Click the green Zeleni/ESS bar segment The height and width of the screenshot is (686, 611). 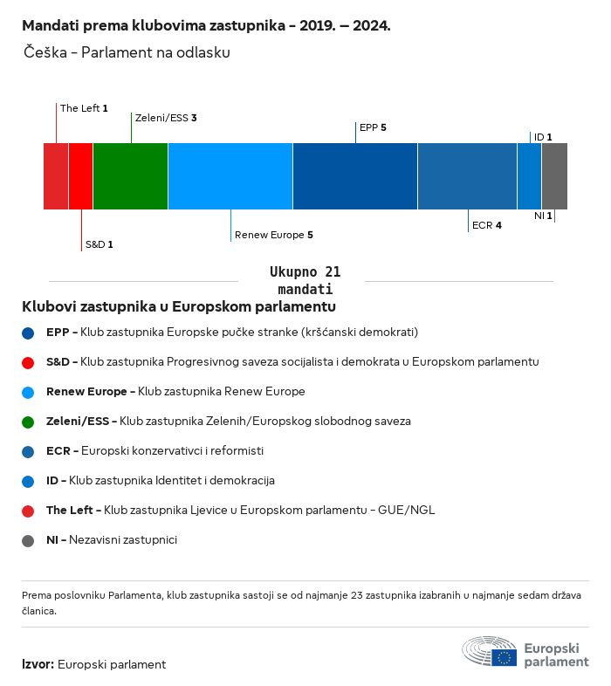coord(130,176)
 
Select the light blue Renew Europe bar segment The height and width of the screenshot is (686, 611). coord(230,176)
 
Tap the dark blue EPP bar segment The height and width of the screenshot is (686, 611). coord(354,176)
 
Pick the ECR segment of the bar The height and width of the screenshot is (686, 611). coord(467,176)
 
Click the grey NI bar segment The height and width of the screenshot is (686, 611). coord(554,176)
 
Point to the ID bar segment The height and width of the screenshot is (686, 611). coord(529,176)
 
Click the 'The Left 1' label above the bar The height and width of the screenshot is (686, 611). coord(84,108)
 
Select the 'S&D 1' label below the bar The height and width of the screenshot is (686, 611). coord(99,244)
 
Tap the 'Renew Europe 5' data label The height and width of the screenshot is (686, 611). coord(273,235)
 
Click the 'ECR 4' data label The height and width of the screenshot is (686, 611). coord(486,225)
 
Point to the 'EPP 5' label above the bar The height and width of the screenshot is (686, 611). coord(373,127)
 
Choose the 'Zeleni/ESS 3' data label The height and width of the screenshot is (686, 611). coord(165,117)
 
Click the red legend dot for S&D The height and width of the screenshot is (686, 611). coord(29,362)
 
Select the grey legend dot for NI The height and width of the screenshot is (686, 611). coord(29,540)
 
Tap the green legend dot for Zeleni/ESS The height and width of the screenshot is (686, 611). coord(29,422)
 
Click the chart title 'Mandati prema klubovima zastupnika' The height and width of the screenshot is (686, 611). coord(206,26)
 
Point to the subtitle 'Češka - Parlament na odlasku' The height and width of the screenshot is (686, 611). coord(127,52)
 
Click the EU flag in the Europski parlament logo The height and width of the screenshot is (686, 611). coord(504,657)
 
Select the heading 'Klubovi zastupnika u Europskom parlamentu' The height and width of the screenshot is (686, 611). coord(179,307)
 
